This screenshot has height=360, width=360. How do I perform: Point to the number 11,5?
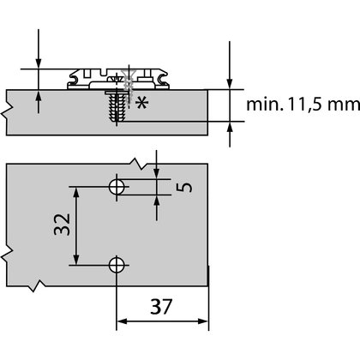299,105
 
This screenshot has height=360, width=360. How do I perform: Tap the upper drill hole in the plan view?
117,186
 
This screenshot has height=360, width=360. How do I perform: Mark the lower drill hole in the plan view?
117,265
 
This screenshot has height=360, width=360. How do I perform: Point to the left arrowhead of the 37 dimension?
121,322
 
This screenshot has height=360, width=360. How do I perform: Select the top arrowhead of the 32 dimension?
79,190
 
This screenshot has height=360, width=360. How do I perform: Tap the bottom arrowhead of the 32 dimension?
79,261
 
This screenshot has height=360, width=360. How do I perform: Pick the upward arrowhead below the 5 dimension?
157,196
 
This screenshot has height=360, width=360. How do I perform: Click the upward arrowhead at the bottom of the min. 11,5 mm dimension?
230,127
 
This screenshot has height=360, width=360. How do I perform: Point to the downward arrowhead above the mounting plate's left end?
39,63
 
